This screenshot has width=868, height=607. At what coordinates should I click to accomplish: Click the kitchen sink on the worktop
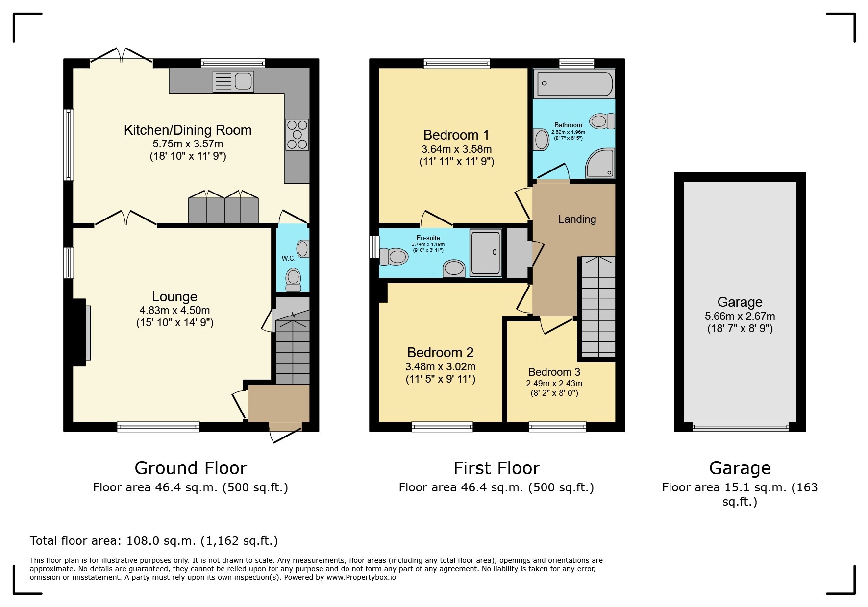tap(234, 81)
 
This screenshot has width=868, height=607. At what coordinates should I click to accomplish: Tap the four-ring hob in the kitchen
tap(297, 134)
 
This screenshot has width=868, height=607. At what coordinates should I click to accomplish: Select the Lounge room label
tap(174, 297)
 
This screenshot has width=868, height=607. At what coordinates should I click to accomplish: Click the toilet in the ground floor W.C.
tap(293, 280)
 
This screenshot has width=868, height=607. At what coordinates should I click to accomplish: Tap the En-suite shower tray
tap(485, 252)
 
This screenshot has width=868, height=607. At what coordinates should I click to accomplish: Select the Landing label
tap(577, 219)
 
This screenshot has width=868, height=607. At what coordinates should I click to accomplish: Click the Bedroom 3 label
tap(554, 372)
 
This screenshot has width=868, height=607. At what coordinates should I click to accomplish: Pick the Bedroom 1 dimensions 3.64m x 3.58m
tap(456, 149)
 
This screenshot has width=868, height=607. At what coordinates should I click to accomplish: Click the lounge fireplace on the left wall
tap(81, 333)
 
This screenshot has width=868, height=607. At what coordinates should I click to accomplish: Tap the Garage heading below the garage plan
tap(740, 468)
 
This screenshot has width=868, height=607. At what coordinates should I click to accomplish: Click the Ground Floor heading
tap(190, 468)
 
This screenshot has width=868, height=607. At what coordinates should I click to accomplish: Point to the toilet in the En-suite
tap(394, 257)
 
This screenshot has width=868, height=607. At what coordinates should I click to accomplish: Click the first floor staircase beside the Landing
tap(598, 307)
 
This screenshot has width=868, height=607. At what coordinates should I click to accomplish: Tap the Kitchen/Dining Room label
tap(187, 130)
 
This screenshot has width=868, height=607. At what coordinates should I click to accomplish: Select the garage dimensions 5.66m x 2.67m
tap(740, 316)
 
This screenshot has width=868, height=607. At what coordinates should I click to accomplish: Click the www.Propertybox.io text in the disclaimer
tap(361, 577)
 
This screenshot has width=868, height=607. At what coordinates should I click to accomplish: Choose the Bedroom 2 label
tap(440, 353)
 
